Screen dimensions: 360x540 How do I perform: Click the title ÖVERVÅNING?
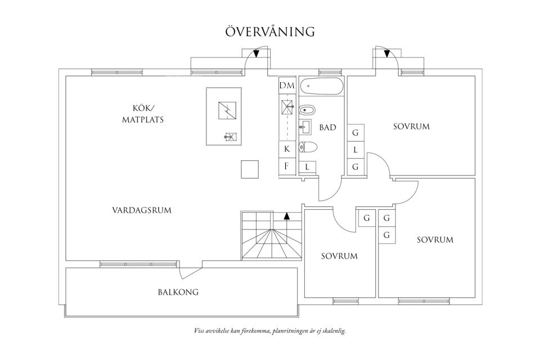tap(270, 31)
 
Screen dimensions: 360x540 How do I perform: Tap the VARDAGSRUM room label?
tap(141, 210)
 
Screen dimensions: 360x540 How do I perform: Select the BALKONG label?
tap(178, 292)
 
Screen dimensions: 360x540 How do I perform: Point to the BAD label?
tap(327, 128)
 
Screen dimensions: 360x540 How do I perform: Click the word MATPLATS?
tap(143, 120)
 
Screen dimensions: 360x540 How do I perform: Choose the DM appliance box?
tap(287, 85)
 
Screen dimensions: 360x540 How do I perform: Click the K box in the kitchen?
tap(287, 149)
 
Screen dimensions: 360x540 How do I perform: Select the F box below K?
tap(287, 166)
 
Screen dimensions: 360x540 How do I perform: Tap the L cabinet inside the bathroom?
tap(307, 166)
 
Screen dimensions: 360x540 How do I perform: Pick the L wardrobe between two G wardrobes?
tap(355, 150)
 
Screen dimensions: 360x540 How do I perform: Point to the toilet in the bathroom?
tap(308, 147)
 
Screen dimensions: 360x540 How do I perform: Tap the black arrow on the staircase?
tap(287, 215)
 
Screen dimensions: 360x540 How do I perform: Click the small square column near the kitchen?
tap(250, 169)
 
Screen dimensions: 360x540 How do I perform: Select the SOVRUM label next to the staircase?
tap(339, 256)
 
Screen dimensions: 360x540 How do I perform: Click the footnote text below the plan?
tap(269, 331)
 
